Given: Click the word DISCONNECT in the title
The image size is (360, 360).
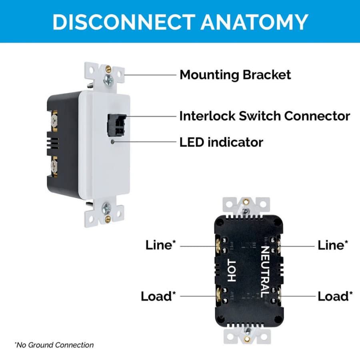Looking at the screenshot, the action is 124,22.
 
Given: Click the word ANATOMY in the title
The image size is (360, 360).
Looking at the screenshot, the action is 254,22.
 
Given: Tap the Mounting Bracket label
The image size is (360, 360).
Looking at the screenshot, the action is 235,75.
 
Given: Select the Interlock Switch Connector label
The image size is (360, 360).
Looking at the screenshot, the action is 264,116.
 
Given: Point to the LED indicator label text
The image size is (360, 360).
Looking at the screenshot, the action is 221,142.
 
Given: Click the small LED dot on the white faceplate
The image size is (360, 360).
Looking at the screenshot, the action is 112,142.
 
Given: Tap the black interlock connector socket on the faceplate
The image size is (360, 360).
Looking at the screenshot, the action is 117,125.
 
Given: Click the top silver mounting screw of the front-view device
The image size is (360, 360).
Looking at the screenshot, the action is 108,80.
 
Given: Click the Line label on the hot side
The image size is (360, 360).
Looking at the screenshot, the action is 160,245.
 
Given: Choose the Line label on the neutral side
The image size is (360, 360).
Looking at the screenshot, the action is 333,245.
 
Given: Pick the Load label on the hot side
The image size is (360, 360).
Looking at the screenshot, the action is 158,296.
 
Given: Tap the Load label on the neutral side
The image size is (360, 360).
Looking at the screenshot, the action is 335,296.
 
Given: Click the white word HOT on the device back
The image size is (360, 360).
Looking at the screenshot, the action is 232,271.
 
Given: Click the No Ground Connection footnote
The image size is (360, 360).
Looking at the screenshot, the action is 54,345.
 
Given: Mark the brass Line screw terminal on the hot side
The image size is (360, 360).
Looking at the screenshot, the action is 218,246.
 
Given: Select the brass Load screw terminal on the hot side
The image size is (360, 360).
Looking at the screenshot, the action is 218,296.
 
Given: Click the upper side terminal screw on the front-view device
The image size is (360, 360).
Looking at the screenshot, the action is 54,120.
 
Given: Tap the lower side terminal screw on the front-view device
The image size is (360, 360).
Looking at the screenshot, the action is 54,166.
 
